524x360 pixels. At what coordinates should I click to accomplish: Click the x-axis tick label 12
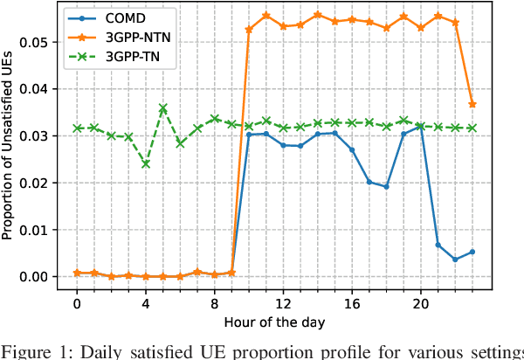[282, 304]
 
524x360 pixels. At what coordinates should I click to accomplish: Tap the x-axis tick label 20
[419, 304]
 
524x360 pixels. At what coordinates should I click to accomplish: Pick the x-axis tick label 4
[145, 304]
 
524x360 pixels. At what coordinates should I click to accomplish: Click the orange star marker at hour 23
[472, 104]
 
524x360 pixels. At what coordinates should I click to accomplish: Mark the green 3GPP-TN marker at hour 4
[145, 163]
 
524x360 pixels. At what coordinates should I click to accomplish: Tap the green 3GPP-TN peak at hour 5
[162, 107]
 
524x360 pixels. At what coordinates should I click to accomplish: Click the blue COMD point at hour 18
[386, 186]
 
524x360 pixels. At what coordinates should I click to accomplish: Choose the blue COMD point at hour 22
[455, 260]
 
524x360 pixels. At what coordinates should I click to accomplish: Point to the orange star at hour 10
[248, 29]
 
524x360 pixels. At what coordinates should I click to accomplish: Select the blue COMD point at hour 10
[248, 134]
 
